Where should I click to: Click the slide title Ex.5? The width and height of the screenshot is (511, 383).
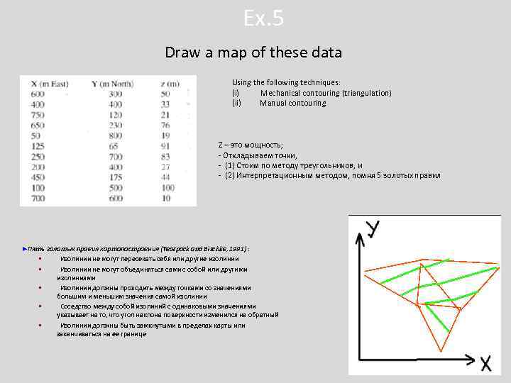coord(263,18)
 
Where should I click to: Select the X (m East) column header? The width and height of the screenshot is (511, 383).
coord(50,84)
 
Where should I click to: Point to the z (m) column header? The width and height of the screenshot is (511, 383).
coord(169,84)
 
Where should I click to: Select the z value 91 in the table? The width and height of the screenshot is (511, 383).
coord(165,146)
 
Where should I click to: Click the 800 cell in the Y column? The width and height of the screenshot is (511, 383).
coord(114,135)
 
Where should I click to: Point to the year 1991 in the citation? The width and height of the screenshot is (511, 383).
coord(237,250)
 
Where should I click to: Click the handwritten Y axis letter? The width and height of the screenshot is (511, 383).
coord(372,230)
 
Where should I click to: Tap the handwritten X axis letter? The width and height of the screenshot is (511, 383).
coord(485,364)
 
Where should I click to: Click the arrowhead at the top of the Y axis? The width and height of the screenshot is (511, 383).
coord(360,242)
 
